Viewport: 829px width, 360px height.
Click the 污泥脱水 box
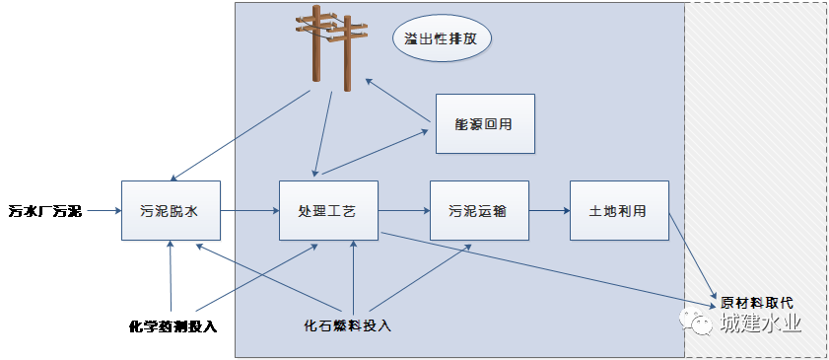click(171, 210)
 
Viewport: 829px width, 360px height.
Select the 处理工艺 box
click(328, 210)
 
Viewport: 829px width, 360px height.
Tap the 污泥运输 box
click(478, 210)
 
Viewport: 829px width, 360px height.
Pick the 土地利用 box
click(619, 210)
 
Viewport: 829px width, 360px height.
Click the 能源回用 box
click(484, 124)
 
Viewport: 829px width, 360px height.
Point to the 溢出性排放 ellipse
click(442, 41)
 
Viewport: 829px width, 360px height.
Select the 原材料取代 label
click(756, 303)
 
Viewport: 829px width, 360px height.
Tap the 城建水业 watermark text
click(760, 324)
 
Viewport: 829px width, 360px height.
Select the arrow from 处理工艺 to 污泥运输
click(404, 210)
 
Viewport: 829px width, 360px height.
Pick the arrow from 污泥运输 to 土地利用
click(548, 210)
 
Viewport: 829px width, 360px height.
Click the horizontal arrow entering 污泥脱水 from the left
click(104, 210)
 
